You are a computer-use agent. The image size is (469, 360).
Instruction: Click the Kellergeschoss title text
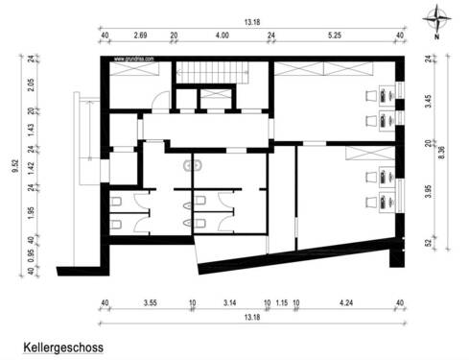click(62, 343)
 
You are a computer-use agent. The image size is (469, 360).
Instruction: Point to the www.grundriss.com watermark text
click(135, 59)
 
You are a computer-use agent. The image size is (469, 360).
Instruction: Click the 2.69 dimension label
click(140, 36)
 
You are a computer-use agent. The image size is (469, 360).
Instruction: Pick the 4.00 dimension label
click(223, 36)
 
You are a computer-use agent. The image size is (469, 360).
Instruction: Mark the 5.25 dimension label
click(334, 36)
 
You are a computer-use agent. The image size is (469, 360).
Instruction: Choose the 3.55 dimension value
click(151, 303)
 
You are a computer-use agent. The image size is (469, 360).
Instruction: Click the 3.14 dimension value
click(230, 303)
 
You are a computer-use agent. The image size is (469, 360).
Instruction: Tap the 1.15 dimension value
click(281, 303)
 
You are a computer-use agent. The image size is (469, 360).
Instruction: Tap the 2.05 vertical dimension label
click(32, 84)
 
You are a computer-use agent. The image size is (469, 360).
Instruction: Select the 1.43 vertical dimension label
click(32, 131)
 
